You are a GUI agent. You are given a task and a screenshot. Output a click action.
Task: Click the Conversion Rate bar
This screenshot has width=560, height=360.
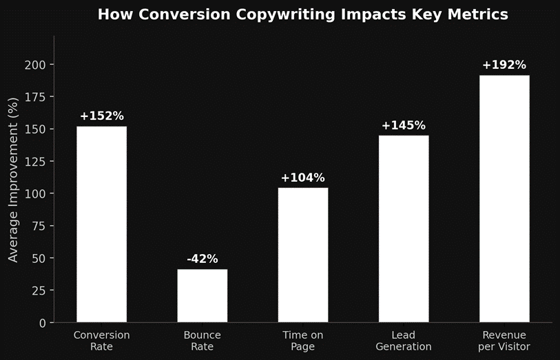click(x=101, y=224)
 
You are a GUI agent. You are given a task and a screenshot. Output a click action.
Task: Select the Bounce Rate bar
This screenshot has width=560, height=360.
click(x=202, y=295)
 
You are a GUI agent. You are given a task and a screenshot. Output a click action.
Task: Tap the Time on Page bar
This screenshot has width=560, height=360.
click(x=302, y=255)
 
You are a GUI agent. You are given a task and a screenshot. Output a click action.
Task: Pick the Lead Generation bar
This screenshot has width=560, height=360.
click(x=404, y=229)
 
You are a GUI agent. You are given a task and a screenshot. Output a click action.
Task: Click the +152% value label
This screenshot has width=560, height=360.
click(x=101, y=116)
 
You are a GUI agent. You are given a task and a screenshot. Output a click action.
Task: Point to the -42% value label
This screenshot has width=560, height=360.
click(x=202, y=260)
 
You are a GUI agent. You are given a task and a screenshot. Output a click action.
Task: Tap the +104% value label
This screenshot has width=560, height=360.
click(x=302, y=178)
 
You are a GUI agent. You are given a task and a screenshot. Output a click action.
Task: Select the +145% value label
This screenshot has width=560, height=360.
click(x=404, y=125)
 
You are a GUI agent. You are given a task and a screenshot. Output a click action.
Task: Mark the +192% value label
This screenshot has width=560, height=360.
click(x=504, y=65)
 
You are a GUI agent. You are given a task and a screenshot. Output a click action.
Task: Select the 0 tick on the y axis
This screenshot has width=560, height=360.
click(x=43, y=323)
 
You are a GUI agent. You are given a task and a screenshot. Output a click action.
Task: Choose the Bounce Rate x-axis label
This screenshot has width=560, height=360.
click(x=202, y=341)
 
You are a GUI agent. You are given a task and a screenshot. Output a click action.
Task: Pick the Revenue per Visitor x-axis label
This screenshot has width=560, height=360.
click(x=504, y=341)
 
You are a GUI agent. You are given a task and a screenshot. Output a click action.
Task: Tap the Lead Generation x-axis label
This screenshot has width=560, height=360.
click(x=404, y=341)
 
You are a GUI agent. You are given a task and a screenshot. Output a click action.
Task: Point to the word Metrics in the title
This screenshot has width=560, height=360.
click(x=481, y=14)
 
